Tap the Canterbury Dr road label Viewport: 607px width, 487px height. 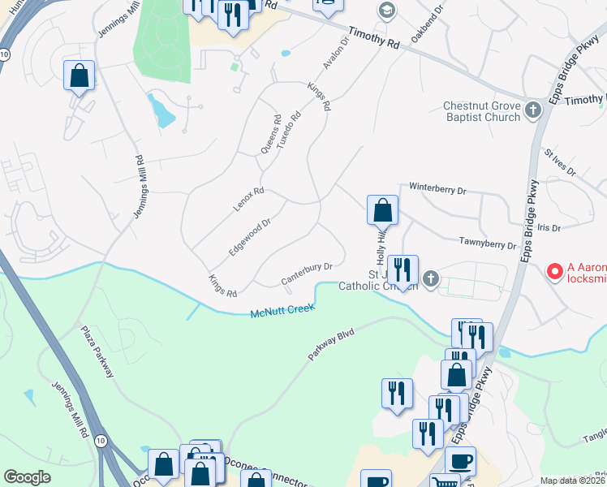click(308, 274)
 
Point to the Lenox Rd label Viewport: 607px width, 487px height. click(249, 200)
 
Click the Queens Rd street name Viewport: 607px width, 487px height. click(270, 134)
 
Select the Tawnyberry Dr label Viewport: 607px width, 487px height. click(489, 243)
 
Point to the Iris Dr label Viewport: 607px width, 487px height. click(549, 228)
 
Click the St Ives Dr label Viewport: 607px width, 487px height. click(559, 162)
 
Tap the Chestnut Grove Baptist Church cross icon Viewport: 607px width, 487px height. click(533, 110)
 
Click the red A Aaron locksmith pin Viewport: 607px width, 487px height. click(555, 271)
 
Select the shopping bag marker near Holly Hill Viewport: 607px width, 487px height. click(382, 211)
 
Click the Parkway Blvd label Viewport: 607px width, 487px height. click(333, 344)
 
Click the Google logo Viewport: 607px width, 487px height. click(27, 476)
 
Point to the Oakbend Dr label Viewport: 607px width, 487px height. click(427, 25)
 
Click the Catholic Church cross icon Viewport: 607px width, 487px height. click(431, 279)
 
